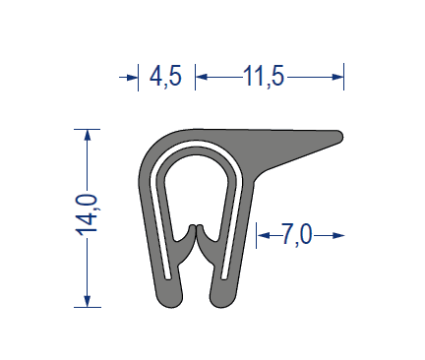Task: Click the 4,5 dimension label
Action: coord(165,77)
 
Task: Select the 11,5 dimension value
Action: coord(264,77)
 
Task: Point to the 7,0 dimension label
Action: coord(296,235)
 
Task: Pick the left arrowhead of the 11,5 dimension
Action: coord(202,77)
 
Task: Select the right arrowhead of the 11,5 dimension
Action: coord(337,77)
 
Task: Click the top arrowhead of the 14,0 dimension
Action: coord(88,135)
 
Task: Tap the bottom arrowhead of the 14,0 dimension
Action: coord(88,301)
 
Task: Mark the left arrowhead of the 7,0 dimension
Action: coord(263,235)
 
